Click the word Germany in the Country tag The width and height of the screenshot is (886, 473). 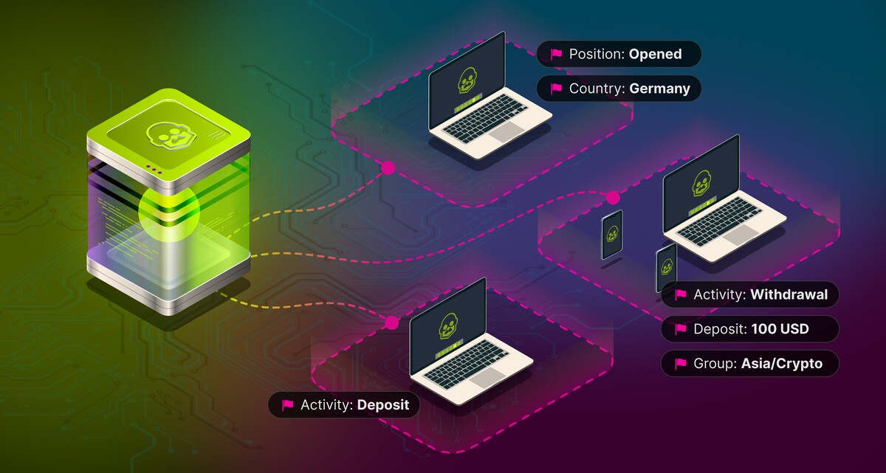click(x=659, y=89)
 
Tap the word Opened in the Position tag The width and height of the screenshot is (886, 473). click(x=655, y=54)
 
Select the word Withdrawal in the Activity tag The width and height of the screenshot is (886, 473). click(x=789, y=295)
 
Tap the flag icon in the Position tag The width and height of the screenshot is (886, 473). click(x=556, y=54)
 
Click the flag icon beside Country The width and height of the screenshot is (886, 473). click(x=556, y=89)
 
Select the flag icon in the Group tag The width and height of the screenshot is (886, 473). click(x=681, y=363)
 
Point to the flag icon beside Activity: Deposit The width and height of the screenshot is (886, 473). click(x=288, y=404)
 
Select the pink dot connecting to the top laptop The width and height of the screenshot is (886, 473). click(x=388, y=168)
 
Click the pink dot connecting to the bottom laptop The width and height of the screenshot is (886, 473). click(x=392, y=322)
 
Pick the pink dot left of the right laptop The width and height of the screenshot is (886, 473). click(x=613, y=197)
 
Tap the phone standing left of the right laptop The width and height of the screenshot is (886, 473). click(x=612, y=235)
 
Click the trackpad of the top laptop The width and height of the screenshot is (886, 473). click(x=504, y=133)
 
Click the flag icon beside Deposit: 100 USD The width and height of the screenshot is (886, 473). click(x=681, y=329)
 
